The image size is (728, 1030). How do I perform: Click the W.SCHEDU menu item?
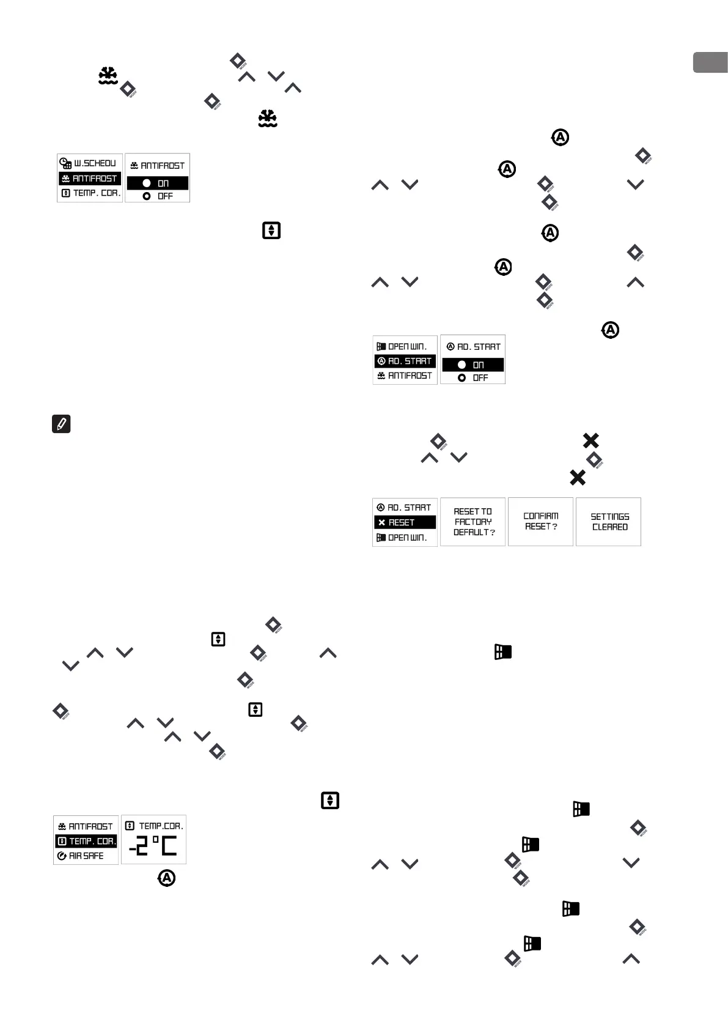click(89, 163)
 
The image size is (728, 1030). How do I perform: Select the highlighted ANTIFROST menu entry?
click(90, 179)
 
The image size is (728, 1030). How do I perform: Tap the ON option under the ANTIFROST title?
click(157, 183)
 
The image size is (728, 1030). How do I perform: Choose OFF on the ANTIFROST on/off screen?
click(157, 196)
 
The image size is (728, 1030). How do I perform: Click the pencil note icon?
click(61, 424)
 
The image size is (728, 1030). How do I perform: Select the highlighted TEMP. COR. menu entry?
click(86, 842)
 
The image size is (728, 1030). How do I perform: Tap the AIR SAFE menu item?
click(86, 856)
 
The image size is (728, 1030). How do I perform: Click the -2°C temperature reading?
click(153, 847)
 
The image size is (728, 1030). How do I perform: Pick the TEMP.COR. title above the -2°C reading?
click(154, 826)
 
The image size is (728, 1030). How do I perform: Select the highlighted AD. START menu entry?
click(405, 361)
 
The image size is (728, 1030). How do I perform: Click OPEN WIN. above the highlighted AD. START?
click(405, 347)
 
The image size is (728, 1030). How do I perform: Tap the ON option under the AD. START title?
click(472, 365)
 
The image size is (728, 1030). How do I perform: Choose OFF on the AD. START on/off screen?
click(472, 378)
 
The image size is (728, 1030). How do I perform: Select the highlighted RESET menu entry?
click(405, 523)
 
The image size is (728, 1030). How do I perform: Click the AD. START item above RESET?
click(405, 508)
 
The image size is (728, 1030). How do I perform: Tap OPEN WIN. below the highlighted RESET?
click(405, 538)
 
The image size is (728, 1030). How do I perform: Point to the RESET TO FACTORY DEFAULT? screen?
click(472, 522)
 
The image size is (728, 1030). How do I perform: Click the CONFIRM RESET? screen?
click(540, 522)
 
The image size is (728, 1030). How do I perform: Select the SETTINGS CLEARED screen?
click(609, 522)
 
